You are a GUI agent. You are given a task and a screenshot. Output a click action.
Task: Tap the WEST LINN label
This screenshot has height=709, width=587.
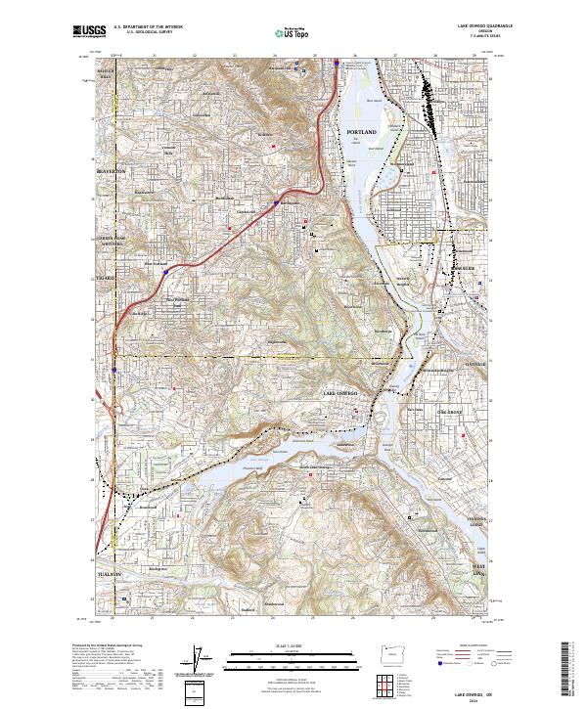[x=479, y=568]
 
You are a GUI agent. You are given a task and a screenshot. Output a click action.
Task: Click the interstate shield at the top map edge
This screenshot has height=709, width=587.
[x=336, y=63]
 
